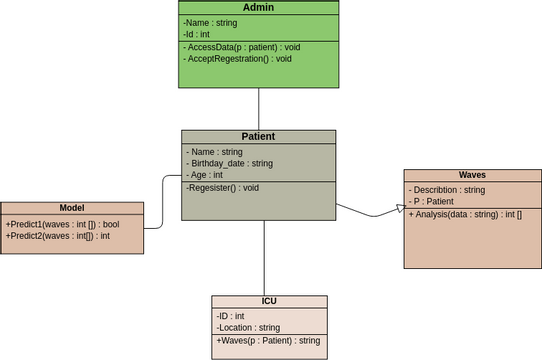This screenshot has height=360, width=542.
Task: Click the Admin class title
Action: point(258,8)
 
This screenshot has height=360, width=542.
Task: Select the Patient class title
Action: point(258,136)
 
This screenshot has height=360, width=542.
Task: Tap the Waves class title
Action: point(472,175)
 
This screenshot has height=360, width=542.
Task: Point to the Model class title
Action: point(72,208)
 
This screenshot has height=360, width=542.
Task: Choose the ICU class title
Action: point(268,301)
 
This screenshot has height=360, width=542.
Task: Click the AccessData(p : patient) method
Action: point(242,47)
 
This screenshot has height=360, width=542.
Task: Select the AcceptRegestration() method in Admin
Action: point(238,59)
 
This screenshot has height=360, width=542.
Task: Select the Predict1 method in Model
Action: point(61,224)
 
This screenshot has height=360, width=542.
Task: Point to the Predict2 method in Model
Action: point(58,236)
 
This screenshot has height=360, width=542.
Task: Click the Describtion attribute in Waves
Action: point(447,189)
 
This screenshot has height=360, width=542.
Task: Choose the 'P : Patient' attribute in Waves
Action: point(433,201)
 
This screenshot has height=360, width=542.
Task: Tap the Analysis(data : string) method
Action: point(466,214)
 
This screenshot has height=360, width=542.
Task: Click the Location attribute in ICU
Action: point(248,328)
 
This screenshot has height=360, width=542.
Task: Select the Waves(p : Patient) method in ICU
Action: point(267,341)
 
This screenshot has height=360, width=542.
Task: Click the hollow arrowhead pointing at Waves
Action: point(399,208)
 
